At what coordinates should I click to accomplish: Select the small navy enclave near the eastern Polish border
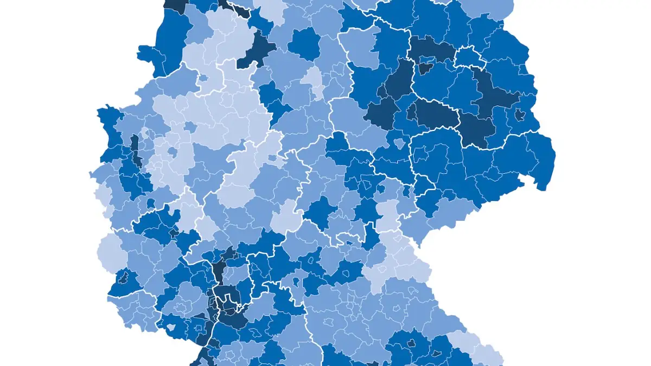pyautogui.click(x=520, y=114)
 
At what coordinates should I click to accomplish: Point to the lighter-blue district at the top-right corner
pyautogui.click(x=488, y=8)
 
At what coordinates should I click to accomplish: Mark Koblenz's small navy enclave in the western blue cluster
pyautogui.click(x=174, y=234)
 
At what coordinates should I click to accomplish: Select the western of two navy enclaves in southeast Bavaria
pyautogui.click(x=411, y=343)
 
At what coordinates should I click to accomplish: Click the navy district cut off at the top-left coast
pyautogui.click(x=174, y=4)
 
